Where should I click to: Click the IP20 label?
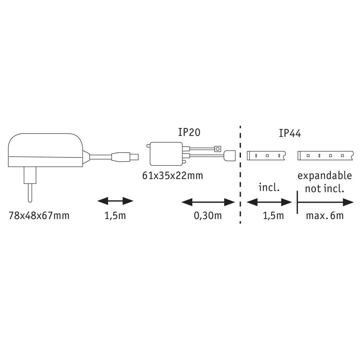pyautogui.click(x=189, y=132)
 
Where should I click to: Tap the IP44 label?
pyautogui.click(x=290, y=134)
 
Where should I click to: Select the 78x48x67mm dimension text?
pyautogui.click(x=39, y=216)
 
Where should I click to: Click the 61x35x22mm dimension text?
pyautogui.click(x=173, y=176)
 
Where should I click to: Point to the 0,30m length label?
pyautogui.click(x=208, y=216)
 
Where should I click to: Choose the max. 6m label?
pyautogui.click(x=324, y=216)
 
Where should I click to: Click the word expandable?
pyautogui.click(x=324, y=176)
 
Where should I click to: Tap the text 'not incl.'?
pyautogui.click(x=324, y=189)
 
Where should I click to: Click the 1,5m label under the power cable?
pyautogui.click(x=115, y=216)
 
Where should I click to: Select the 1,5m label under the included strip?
pyautogui.click(x=273, y=216)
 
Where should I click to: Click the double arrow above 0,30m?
pyautogui.click(x=208, y=202)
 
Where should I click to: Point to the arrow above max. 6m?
pyautogui.click(x=325, y=202)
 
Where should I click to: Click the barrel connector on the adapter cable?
pyautogui.click(x=125, y=157)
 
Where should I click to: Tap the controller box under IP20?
pyautogui.click(x=166, y=154)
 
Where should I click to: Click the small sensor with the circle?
pyautogui.click(x=217, y=149)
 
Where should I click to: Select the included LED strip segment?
pyautogui.click(x=266, y=155)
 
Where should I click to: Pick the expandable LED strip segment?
pyautogui.click(x=325, y=155)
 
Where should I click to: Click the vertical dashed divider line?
pyautogui.click(x=240, y=174)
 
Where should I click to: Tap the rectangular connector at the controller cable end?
pyautogui.click(x=229, y=155)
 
